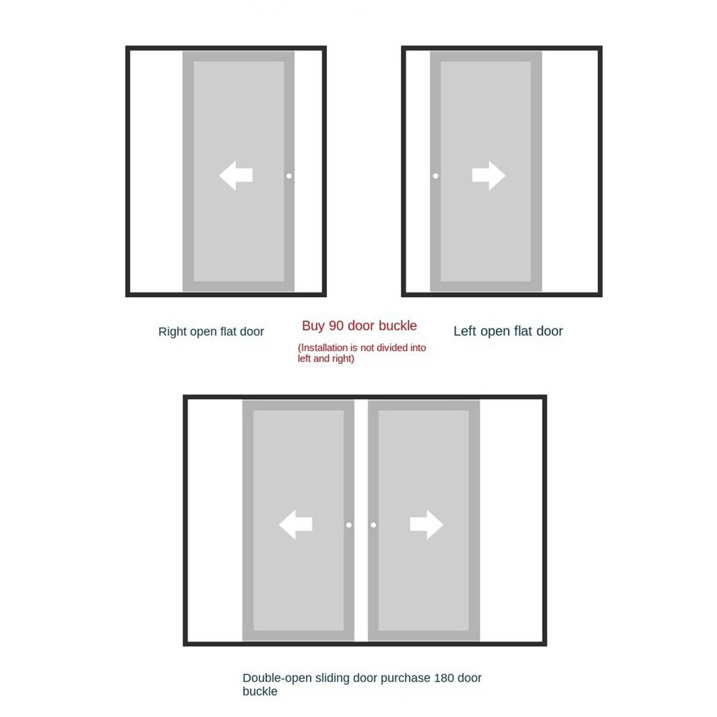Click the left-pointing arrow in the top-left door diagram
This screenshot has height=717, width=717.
[235, 176]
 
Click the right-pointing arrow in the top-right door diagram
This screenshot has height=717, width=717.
[489, 176]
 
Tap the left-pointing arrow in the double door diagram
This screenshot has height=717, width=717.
[295, 525]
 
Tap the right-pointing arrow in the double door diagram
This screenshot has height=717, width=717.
[427, 525]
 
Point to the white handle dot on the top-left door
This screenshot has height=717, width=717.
[289, 176]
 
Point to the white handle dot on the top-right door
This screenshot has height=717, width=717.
[435, 176]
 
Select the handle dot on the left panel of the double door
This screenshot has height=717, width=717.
[349, 525]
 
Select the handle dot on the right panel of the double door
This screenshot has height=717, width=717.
[374, 525]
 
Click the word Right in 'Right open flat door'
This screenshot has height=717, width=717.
[173, 331]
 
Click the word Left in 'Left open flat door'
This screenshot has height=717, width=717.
[465, 331]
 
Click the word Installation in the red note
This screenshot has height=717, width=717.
[323, 348]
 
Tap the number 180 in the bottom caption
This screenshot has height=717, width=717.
[445, 678]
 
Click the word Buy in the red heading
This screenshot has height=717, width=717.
[313, 326]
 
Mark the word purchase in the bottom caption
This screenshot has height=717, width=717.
[406, 678]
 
